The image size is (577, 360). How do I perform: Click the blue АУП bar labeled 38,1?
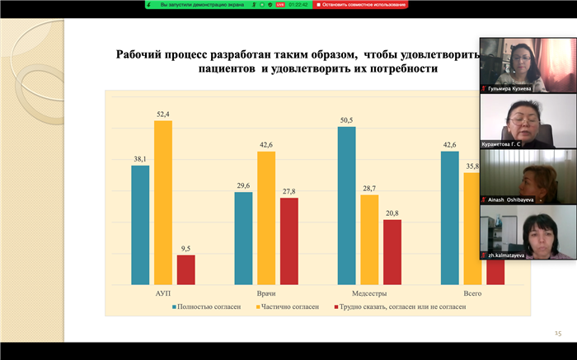140,225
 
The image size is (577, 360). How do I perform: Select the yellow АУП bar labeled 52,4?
163,203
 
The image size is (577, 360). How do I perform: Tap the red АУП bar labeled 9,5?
186,269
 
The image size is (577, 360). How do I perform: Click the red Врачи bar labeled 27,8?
289,241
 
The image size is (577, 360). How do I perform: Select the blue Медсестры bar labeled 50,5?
346,205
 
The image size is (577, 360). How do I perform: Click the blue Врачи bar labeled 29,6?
243,238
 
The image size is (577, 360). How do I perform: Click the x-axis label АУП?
163,293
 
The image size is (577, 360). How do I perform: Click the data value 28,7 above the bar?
369,189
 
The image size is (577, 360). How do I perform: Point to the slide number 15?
557,333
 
